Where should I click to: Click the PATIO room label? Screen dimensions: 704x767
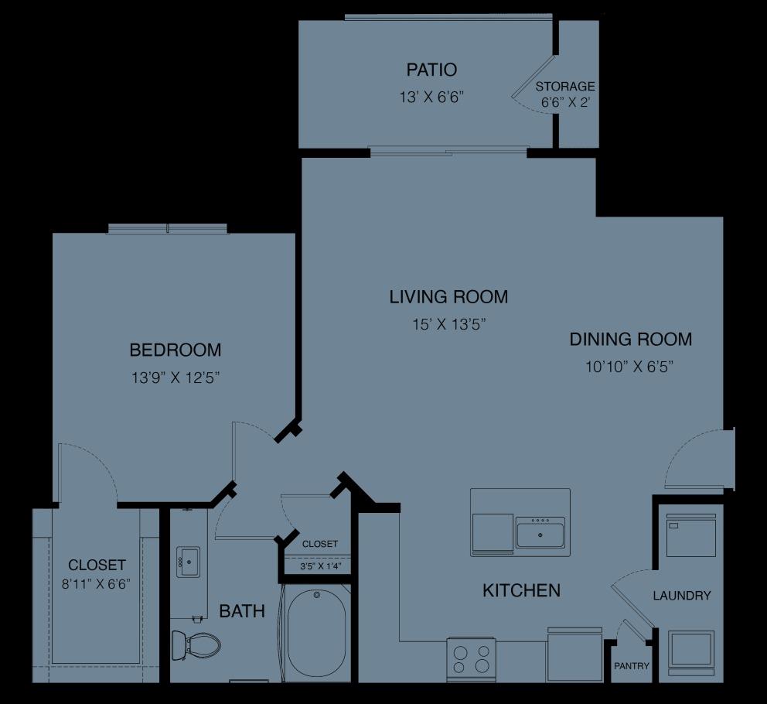[426, 70]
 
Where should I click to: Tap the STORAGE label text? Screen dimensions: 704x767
[565, 87]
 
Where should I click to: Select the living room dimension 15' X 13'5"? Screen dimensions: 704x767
[448, 324]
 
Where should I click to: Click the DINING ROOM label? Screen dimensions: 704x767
[630, 339]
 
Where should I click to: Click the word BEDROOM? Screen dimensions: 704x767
[176, 350]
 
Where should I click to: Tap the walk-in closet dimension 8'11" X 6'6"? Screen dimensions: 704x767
[97, 583]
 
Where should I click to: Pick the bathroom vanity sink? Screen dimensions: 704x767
[188, 562]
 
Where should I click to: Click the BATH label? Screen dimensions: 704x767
[242, 611]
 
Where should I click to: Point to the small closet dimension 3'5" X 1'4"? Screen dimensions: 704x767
[320, 566]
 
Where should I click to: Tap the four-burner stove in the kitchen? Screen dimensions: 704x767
[472, 658]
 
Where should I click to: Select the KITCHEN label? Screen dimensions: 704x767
[521, 591]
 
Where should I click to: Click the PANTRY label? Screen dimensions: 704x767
[632, 666]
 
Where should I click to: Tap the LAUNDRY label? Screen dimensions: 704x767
[681, 596]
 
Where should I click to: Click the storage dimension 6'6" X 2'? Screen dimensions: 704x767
[565, 102]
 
